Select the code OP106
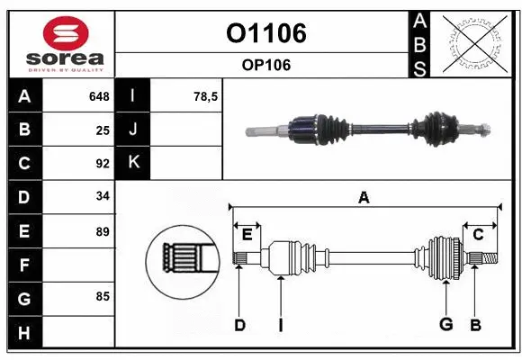point(265,65)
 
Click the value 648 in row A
point(99,96)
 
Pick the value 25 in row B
point(103,130)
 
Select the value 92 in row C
point(103,164)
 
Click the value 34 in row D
point(103,196)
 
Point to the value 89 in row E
point(103,231)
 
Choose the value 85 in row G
point(103,294)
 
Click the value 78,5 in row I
point(207,96)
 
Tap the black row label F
point(24,265)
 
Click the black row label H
point(24,332)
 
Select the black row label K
point(133,163)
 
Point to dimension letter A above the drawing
point(364,198)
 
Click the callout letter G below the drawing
point(445,325)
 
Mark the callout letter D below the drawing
point(239,325)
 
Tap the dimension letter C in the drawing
point(478,234)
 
